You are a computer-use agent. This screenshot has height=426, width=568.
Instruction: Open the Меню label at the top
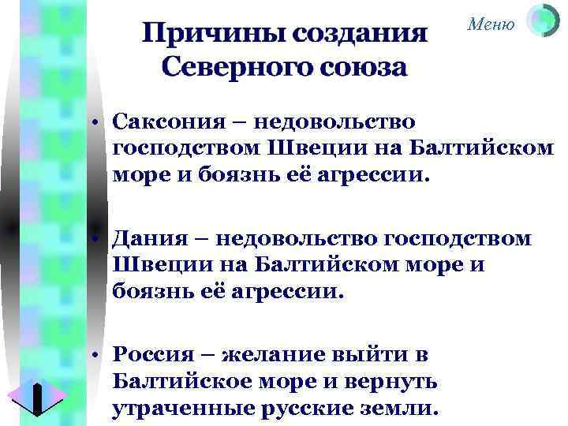point(491,24)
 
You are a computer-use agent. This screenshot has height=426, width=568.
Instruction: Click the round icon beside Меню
point(542,21)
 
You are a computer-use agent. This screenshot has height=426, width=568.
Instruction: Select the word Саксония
point(163,122)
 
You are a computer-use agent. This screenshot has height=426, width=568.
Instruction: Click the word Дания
point(145,238)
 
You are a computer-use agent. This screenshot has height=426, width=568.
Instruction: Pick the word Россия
point(155,354)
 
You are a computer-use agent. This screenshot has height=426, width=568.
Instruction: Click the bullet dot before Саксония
point(93,124)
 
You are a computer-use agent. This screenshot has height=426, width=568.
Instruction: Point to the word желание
point(275,354)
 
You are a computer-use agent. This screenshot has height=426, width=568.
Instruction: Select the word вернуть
point(399,382)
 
